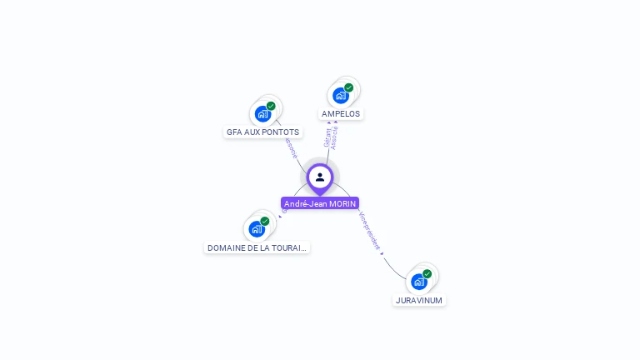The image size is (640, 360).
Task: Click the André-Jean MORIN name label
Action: tap(320, 203)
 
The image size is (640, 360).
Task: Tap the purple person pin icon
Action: tap(320, 177)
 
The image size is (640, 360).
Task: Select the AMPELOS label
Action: tap(341, 113)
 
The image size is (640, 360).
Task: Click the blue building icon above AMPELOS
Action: tap(340, 96)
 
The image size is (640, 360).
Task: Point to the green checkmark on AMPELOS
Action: tap(348, 87)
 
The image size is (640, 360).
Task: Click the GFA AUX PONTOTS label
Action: tap(262, 132)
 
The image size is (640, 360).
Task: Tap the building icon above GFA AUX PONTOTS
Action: tap(262, 114)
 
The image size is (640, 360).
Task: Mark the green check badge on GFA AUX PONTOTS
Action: tap(271, 106)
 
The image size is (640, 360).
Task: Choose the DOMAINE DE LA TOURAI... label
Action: tap(257, 247)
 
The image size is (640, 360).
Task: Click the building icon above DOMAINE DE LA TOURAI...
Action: tap(257, 229)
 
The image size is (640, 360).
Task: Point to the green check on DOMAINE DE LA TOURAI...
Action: tap(265, 221)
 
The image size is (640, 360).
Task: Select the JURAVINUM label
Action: tap(419, 300)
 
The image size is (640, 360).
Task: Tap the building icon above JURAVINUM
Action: tap(418, 282)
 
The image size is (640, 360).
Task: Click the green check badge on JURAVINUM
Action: tap(427, 273)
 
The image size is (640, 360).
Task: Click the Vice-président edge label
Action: tap(370, 231)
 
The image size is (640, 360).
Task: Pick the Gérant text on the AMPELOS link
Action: tap(327, 137)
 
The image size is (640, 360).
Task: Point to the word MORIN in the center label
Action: tap(342, 203)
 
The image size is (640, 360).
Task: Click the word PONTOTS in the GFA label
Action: tap(281, 132)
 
